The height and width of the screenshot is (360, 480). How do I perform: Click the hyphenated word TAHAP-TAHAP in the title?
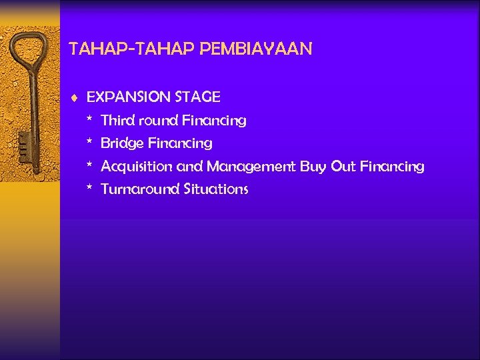coord(131,49)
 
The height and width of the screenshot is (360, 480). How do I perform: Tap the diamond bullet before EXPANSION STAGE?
coord(75,97)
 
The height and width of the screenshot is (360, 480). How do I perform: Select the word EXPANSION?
coord(129,97)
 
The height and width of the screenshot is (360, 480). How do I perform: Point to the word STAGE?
coord(197,97)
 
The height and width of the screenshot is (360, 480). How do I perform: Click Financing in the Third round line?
coord(214,121)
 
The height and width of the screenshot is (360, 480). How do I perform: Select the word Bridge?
coord(122,144)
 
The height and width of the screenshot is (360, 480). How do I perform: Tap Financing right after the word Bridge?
coord(180,144)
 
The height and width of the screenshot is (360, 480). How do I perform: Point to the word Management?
coord(251,167)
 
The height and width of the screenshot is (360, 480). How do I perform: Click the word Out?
coord(343,167)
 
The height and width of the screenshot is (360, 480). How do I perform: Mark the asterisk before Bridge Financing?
coord(89,143)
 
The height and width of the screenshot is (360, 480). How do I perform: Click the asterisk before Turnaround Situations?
coord(89,188)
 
